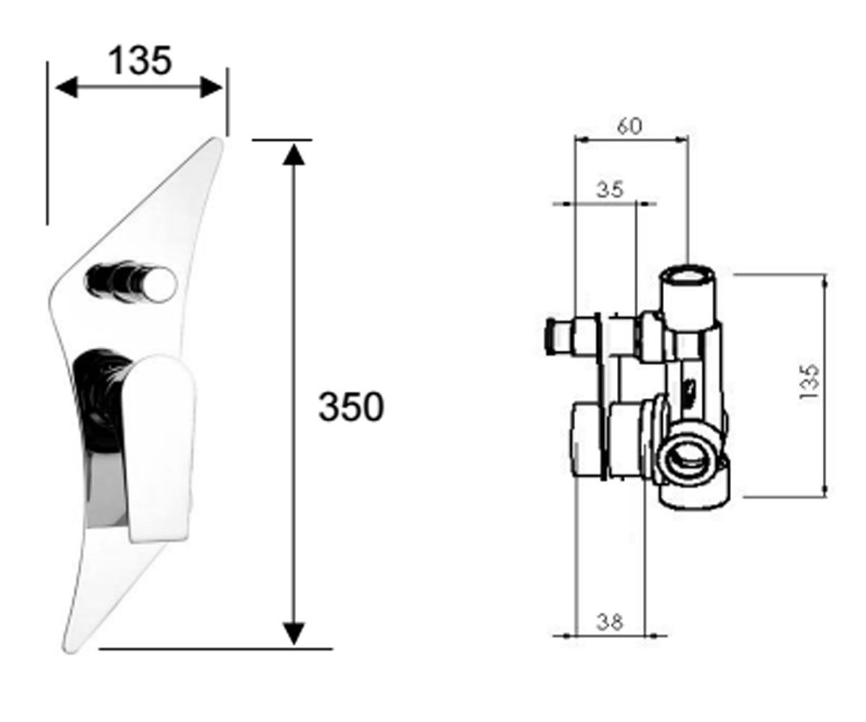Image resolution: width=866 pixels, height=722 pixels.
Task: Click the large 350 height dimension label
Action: [x=351, y=406]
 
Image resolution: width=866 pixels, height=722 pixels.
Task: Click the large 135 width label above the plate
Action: [x=140, y=61]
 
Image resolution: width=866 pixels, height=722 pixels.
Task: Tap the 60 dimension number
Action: [x=629, y=126]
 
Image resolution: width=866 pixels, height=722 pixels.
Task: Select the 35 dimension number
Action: [x=610, y=190]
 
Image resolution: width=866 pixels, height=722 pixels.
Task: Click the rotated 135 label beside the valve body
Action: [x=809, y=382]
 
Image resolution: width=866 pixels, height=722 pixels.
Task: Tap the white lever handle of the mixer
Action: [x=159, y=448]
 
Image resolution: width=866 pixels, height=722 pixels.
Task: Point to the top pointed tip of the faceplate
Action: [x=218, y=140]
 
